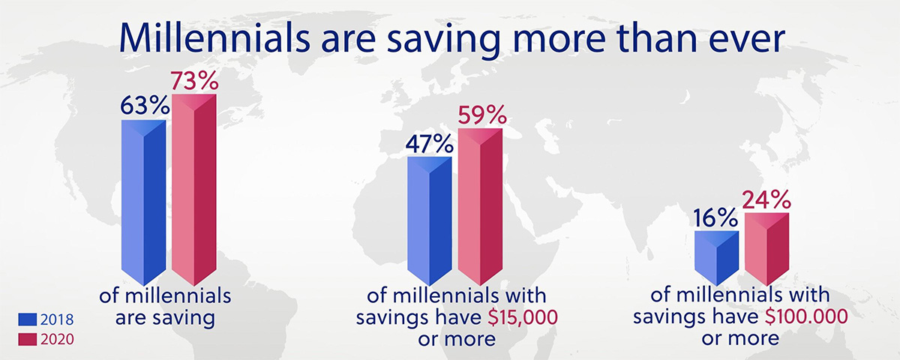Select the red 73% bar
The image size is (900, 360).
click(194, 190)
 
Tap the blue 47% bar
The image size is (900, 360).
click(430, 221)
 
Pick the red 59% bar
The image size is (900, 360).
click(480, 207)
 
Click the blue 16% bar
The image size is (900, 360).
click(717, 258)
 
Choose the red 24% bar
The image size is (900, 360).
click(767, 249)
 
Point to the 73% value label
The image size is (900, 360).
click(195, 81)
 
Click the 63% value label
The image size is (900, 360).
click(145, 106)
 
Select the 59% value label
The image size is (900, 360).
click(482, 115)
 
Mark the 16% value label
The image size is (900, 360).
click(715, 218)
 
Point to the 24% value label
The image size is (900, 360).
click(766, 200)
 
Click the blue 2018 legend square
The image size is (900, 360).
click(27, 319)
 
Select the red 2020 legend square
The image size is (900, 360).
click(27, 340)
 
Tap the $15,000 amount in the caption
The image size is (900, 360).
click(523, 318)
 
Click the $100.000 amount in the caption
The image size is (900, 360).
click(806, 317)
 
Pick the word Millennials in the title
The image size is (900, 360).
click(215, 38)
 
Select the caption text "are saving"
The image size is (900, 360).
click(165, 318)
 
